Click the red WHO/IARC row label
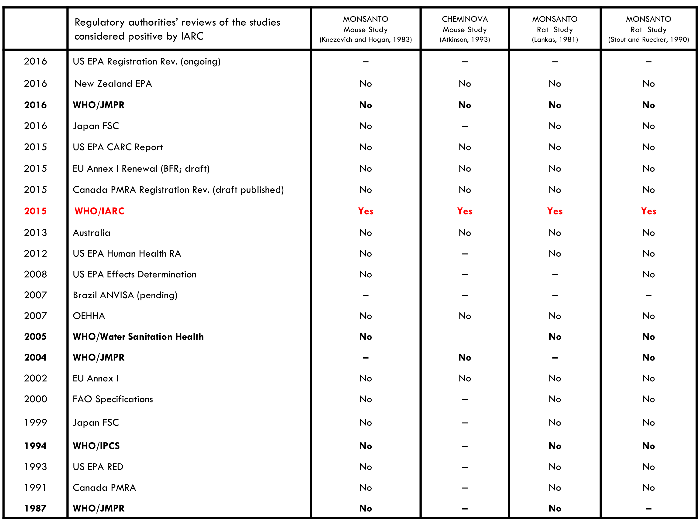point(99,211)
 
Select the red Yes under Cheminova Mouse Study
point(465,211)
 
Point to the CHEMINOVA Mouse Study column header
point(465,29)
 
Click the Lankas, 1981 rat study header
point(555,29)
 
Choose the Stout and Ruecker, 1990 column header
point(648,29)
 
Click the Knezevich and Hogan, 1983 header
point(366,29)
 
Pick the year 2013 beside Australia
point(35,233)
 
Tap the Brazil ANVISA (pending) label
point(125,295)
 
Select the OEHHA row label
point(89,316)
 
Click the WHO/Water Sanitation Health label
point(138,337)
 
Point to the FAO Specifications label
point(113,399)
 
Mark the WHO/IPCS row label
point(96,446)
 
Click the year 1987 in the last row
point(35,508)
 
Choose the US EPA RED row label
point(98,467)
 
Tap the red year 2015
point(35,211)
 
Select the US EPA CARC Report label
point(118,147)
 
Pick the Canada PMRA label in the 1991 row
point(104,488)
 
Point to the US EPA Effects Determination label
point(134,275)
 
